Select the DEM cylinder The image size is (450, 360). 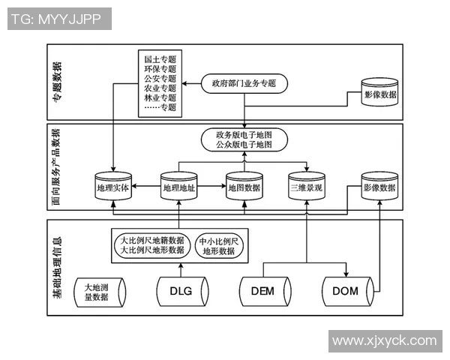[x=264, y=291]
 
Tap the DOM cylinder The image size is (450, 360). [x=346, y=291]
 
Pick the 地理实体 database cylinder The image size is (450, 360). [x=113, y=188]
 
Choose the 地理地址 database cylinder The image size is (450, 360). [x=178, y=188]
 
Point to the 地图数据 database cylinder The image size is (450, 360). [x=244, y=188]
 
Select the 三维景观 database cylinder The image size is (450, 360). [x=306, y=188]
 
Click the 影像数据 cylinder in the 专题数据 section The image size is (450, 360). [x=380, y=97]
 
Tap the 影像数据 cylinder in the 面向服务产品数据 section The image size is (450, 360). [x=379, y=188]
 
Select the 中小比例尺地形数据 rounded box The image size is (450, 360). [x=219, y=246]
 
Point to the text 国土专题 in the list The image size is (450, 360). [x=160, y=58]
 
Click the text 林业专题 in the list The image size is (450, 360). [x=160, y=97]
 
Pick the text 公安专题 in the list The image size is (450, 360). [x=160, y=78]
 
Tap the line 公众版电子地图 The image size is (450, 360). [x=243, y=144]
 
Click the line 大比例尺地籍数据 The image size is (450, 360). [x=152, y=240]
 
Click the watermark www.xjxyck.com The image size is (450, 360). [x=384, y=340]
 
